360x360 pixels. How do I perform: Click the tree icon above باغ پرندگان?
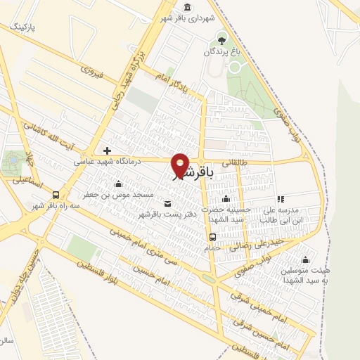[223, 38]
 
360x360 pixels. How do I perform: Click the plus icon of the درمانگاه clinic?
[107, 150]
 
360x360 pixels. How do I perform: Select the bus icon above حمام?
[212, 237]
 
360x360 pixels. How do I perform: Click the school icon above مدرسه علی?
[281, 199]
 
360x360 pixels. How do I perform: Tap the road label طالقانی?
[238, 162]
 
